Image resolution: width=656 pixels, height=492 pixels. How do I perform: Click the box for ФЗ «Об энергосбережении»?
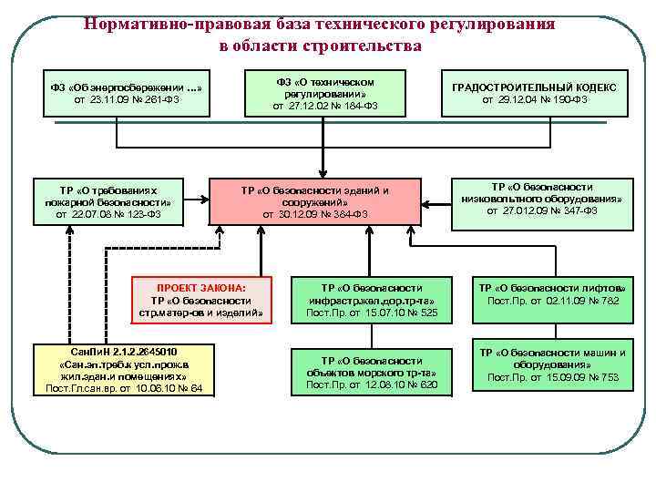[x=125, y=93]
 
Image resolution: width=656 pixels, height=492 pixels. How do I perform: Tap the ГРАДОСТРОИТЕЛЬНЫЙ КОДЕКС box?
[x=534, y=93]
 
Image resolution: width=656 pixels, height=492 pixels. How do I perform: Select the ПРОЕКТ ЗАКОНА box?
[x=201, y=300]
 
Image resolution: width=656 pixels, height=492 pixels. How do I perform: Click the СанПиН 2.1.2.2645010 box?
[x=124, y=370]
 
